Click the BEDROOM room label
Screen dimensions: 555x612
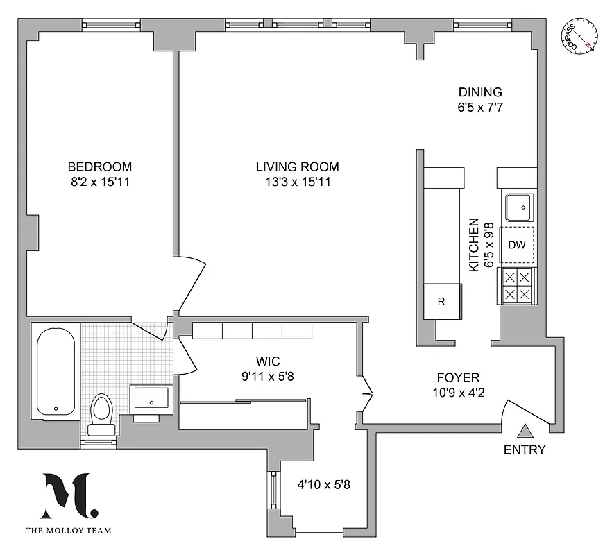point(99,166)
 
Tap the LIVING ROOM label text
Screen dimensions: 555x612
point(297,166)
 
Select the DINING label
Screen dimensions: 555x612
point(479,92)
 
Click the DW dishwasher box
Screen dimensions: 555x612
point(516,245)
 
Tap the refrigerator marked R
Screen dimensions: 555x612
point(441,302)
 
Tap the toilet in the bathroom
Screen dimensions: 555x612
point(101,415)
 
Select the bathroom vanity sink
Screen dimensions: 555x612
point(151,400)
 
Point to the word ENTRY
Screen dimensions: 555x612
point(525,450)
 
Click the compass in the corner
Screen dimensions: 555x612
point(579,35)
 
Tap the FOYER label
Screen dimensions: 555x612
point(457,378)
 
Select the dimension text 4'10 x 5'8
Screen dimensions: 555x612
point(323,485)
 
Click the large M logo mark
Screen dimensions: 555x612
point(67,495)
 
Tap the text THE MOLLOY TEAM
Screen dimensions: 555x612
point(67,532)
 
